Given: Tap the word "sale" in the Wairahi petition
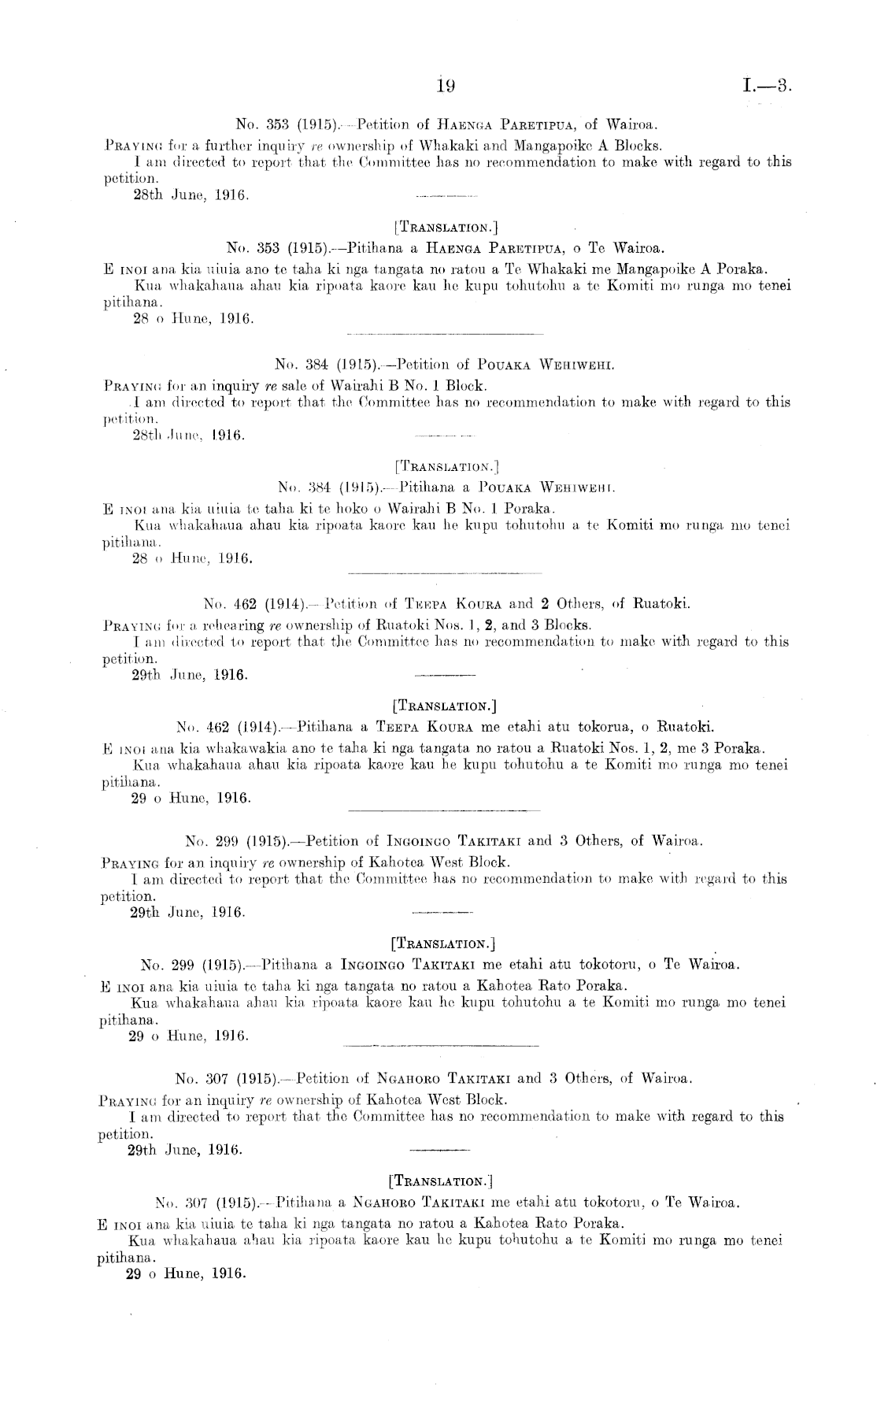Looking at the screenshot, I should point(298,386).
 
